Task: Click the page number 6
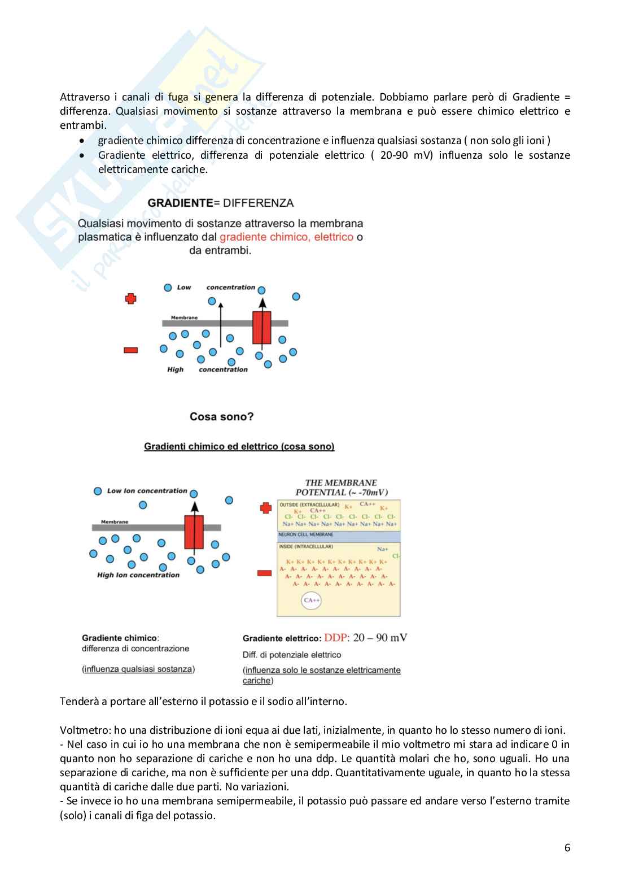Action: (567, 847)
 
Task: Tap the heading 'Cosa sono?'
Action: (221, 417)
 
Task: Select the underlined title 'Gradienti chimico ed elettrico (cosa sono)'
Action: (239, 446)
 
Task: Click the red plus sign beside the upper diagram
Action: (131, 298)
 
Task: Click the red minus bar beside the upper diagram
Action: (130, 350)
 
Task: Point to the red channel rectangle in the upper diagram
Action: (261, 327)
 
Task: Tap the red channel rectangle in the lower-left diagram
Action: (194, 532)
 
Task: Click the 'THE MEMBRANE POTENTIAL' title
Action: (341, 488)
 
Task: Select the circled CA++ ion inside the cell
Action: (312, 600)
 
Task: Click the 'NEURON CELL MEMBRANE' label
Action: (306, 534)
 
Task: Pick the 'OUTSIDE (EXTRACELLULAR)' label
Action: (309, 504)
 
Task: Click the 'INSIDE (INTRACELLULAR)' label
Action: (306, 547)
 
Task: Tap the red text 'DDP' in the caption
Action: (335, 638)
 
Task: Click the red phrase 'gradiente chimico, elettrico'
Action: (286, 237)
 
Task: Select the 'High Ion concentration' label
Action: (138, 575)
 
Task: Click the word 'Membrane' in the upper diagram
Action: (184, 317)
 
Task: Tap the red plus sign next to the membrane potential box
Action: (266, 508)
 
